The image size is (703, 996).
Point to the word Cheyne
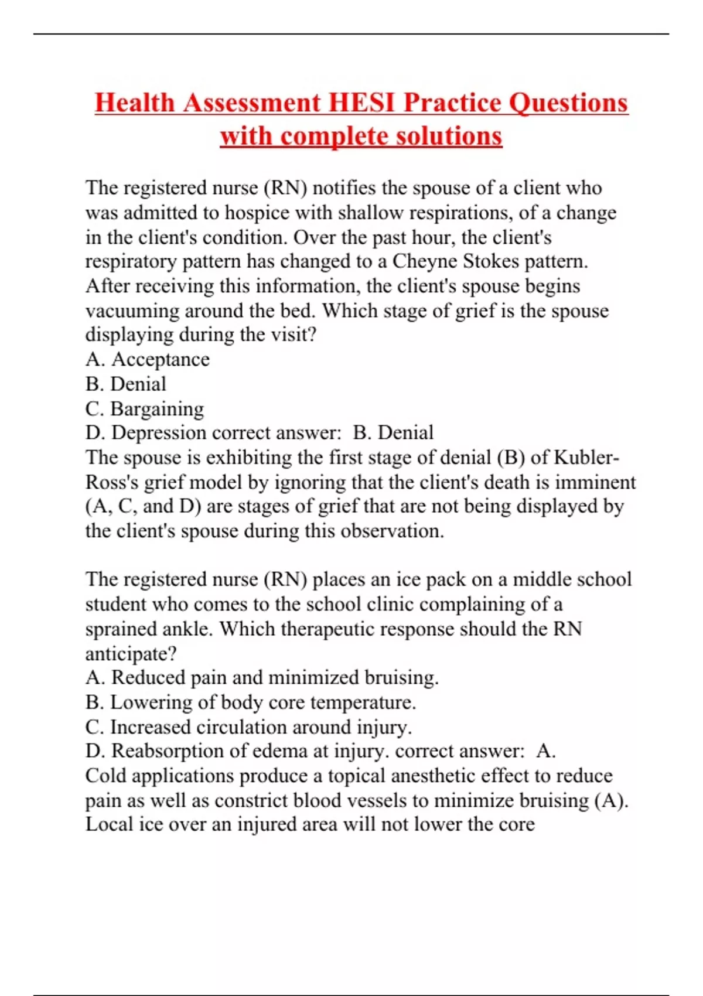[425, 261]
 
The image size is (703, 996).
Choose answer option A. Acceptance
[148, 359]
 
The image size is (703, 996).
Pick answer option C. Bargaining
[145, 408]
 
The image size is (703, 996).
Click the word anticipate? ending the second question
[131, 654]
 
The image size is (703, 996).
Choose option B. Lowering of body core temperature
[251, 702]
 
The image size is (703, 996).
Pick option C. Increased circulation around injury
[248, 727]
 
